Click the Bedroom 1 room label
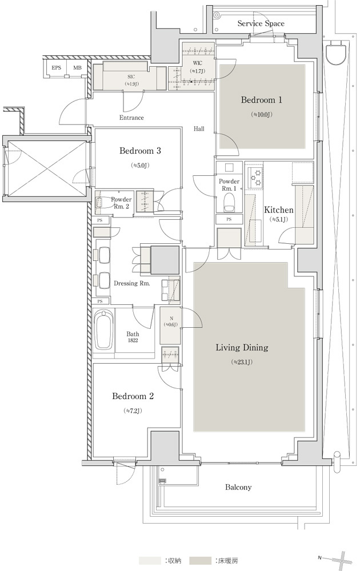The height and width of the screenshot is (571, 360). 261,100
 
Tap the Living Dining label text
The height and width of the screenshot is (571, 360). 242,347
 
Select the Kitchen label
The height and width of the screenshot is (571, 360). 278,210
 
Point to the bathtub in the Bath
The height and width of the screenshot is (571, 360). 103,330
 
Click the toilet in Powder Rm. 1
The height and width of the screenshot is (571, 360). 229,202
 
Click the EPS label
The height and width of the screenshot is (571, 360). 56,68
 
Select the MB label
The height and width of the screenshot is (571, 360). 77,68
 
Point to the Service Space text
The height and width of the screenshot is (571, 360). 261,23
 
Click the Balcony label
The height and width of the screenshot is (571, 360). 238,487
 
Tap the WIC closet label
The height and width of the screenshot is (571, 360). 198,63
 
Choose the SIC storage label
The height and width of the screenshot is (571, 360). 131,77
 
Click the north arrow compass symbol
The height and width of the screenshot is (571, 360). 338,558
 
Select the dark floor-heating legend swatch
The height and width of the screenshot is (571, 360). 201,561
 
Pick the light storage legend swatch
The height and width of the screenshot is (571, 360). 150,561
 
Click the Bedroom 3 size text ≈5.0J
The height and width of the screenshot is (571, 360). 140,166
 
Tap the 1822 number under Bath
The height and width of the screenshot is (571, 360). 133,340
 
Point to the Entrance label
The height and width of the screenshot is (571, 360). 131,118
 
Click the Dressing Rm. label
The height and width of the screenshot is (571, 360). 131,283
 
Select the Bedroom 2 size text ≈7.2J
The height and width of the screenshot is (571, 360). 133,411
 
